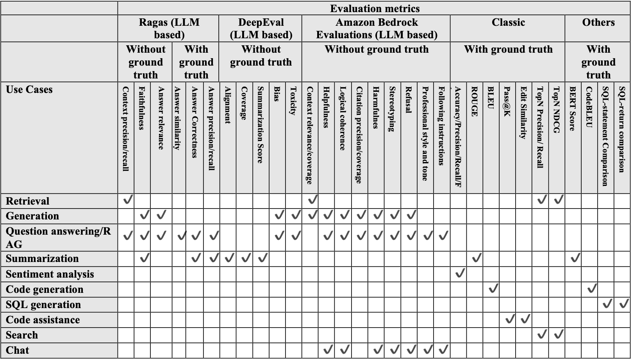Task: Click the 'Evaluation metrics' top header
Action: tap(374, 9)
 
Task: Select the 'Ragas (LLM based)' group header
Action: tap(169, 29)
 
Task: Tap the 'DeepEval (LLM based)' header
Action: tap(261, 29)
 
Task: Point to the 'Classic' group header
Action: tap(508, 23)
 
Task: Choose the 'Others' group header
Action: tap(598, 23)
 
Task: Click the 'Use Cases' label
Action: tap(29, 89)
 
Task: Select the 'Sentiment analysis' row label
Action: tap(50, 274)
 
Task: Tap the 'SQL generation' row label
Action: tap(43, 305)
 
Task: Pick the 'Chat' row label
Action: tap(18, 350)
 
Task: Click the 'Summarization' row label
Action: tap(42, 258)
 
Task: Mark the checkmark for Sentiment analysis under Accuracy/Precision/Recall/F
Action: tap(460, 273)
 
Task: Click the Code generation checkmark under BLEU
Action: tap(493, 289)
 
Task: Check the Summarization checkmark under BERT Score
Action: tap(575, 258)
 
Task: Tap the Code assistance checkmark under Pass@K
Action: tap(509, 319)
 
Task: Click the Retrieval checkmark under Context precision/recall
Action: tap(127, 200)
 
